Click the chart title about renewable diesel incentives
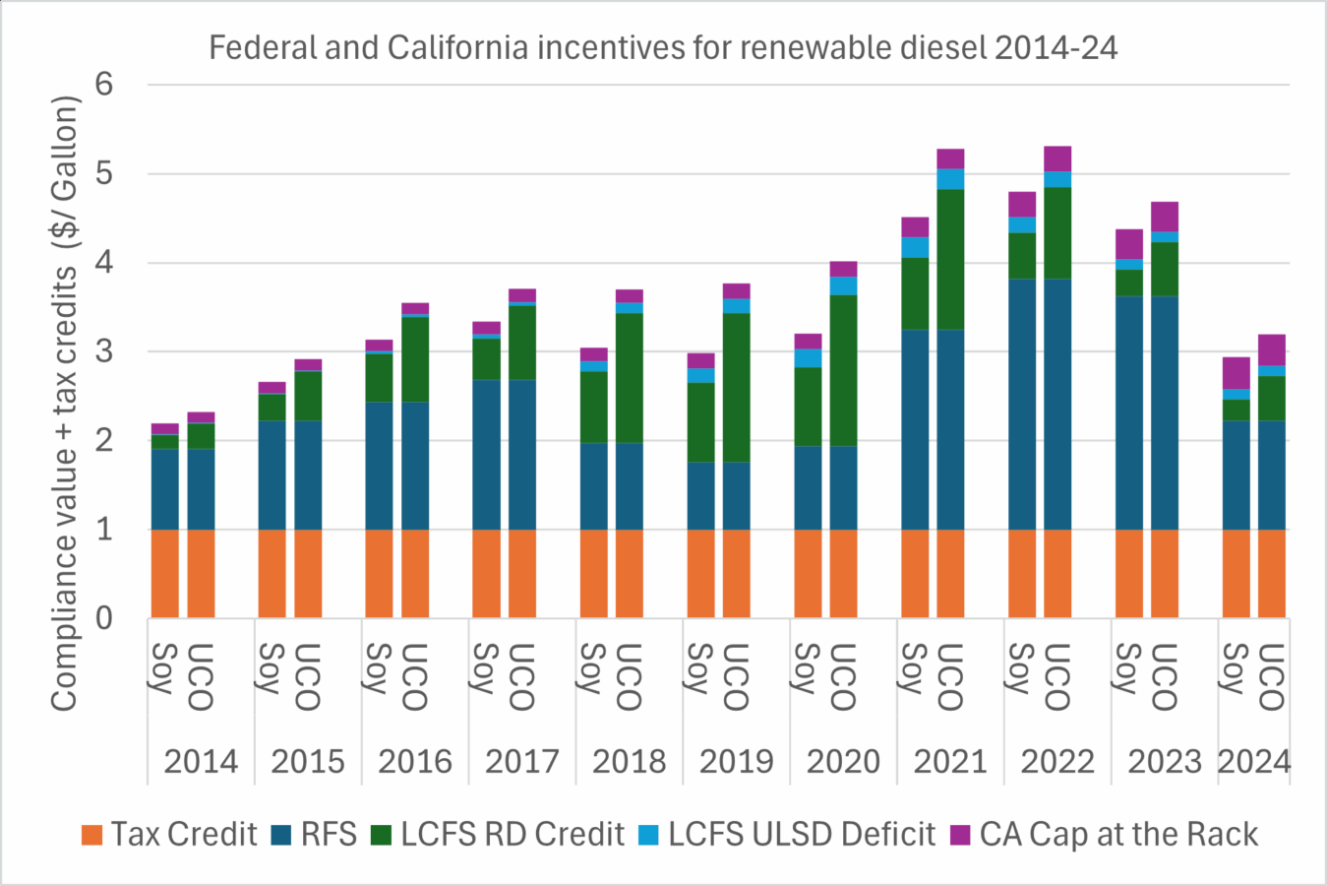coord(663,47)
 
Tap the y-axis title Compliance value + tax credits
coord(65,404)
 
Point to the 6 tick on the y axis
coord(104,85)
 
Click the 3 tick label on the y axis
coord(104,351)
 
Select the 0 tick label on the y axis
coord(104,618)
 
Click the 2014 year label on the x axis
coord(201,761)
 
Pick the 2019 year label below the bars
coord(736,761)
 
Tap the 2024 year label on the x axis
coord(1254,761)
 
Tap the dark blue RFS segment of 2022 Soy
coord(1022,404)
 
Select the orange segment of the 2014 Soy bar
coord(165,574)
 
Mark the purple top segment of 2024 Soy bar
coord(1237,372)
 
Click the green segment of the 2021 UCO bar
coord(950,259)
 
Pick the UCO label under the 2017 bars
coord(522,676)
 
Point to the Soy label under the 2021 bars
coord(914,668)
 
